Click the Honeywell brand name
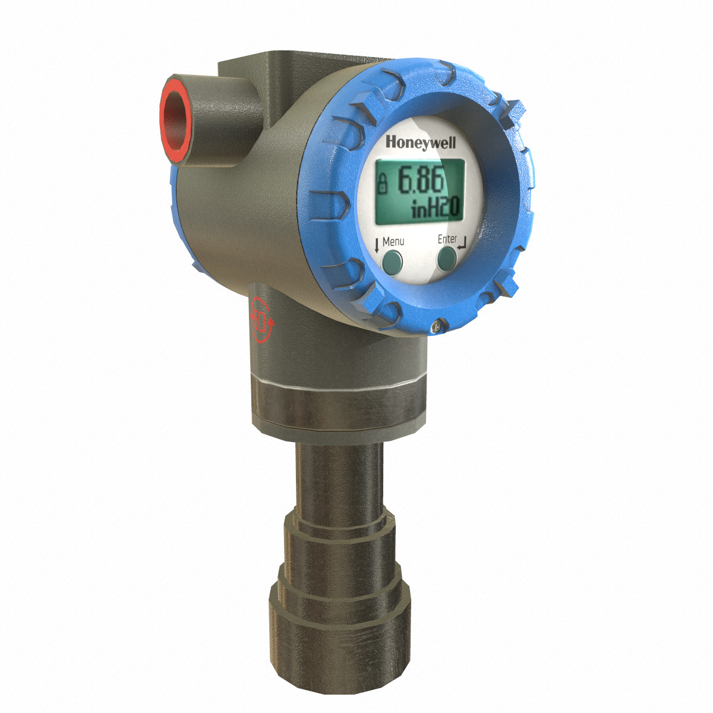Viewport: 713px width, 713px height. [x=415, y=143]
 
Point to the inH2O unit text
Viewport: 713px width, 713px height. [x=436, y=208]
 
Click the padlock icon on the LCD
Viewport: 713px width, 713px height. [x=383, y=182]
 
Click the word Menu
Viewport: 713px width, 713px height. [x=393, y=241]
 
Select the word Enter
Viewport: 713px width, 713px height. [x=447, y=239]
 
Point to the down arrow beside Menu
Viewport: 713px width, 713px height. [x=377, y=244]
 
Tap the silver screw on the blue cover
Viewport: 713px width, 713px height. [x=437, y=324]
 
